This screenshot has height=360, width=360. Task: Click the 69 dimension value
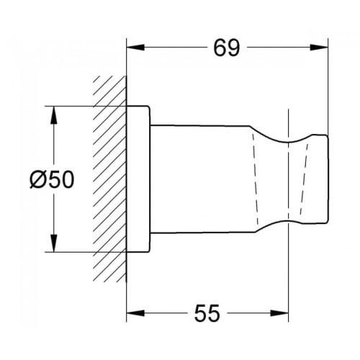pyautogui.click(x=227, y=48)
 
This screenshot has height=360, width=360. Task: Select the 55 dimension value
pyautogui.click(x=207, y=313)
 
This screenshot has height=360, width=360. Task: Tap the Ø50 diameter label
pyautogui.click(x=52, y=180)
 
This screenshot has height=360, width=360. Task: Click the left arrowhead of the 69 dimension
pyautogui.click(x=135, y=48)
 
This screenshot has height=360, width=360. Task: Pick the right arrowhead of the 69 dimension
pyautogui.click(x=319, y=48)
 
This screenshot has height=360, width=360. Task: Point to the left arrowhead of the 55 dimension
pyautogui.click(x=135, y=313)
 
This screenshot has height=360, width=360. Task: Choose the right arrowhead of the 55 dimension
pyautogui.click(x=279, y=313)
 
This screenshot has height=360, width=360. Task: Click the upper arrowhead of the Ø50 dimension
pyautogui.click(x=54, y=115)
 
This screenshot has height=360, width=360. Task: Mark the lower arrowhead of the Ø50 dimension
pyautogui.click(x=54, y=243)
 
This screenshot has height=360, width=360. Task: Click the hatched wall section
pyautogui.click(x=109, y=179)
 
